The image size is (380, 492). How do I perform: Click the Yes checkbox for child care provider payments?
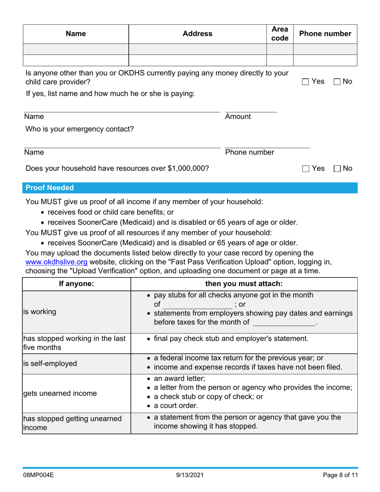tap(306, 82)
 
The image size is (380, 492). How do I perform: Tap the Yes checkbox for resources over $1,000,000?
tap(306, 169)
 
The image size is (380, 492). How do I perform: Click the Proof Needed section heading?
tap(50, 188)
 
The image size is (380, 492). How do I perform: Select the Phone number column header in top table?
tap(325, 34)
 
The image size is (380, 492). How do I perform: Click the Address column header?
tap(197, 34)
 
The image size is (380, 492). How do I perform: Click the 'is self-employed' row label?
tap(50, 364)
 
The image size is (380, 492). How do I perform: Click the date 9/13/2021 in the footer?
tap(190, 476)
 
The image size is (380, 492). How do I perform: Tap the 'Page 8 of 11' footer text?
tap(340, 476)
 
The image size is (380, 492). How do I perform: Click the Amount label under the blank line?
tap(238, 117)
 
